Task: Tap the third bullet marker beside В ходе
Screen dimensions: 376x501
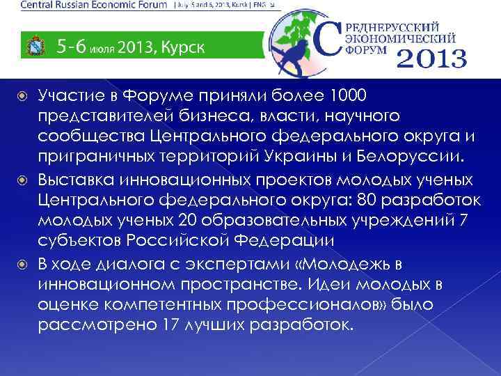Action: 24,265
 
